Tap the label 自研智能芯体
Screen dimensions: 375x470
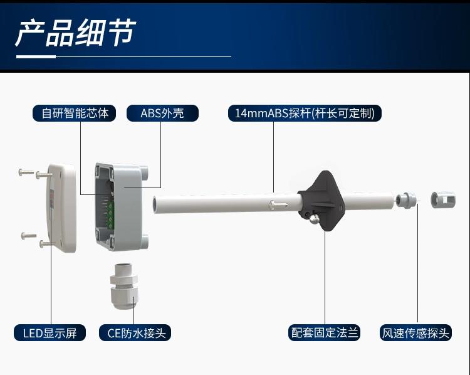point(75,113)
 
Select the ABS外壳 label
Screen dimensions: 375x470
point(162,113)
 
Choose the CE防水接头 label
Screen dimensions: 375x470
point(135,332)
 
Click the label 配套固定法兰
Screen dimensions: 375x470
point(325,332)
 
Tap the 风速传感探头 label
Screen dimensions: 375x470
point(416,332)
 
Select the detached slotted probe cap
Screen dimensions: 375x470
point(442,201)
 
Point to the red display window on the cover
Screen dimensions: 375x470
point(51,194)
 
